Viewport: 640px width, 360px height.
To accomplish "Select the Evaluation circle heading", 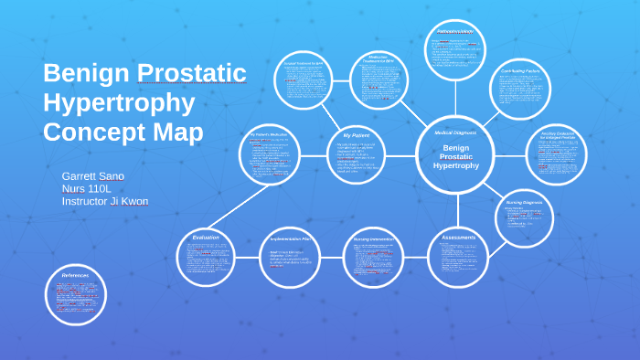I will click(206, 238).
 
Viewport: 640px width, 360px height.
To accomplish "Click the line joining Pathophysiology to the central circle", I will click(455, 101).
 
